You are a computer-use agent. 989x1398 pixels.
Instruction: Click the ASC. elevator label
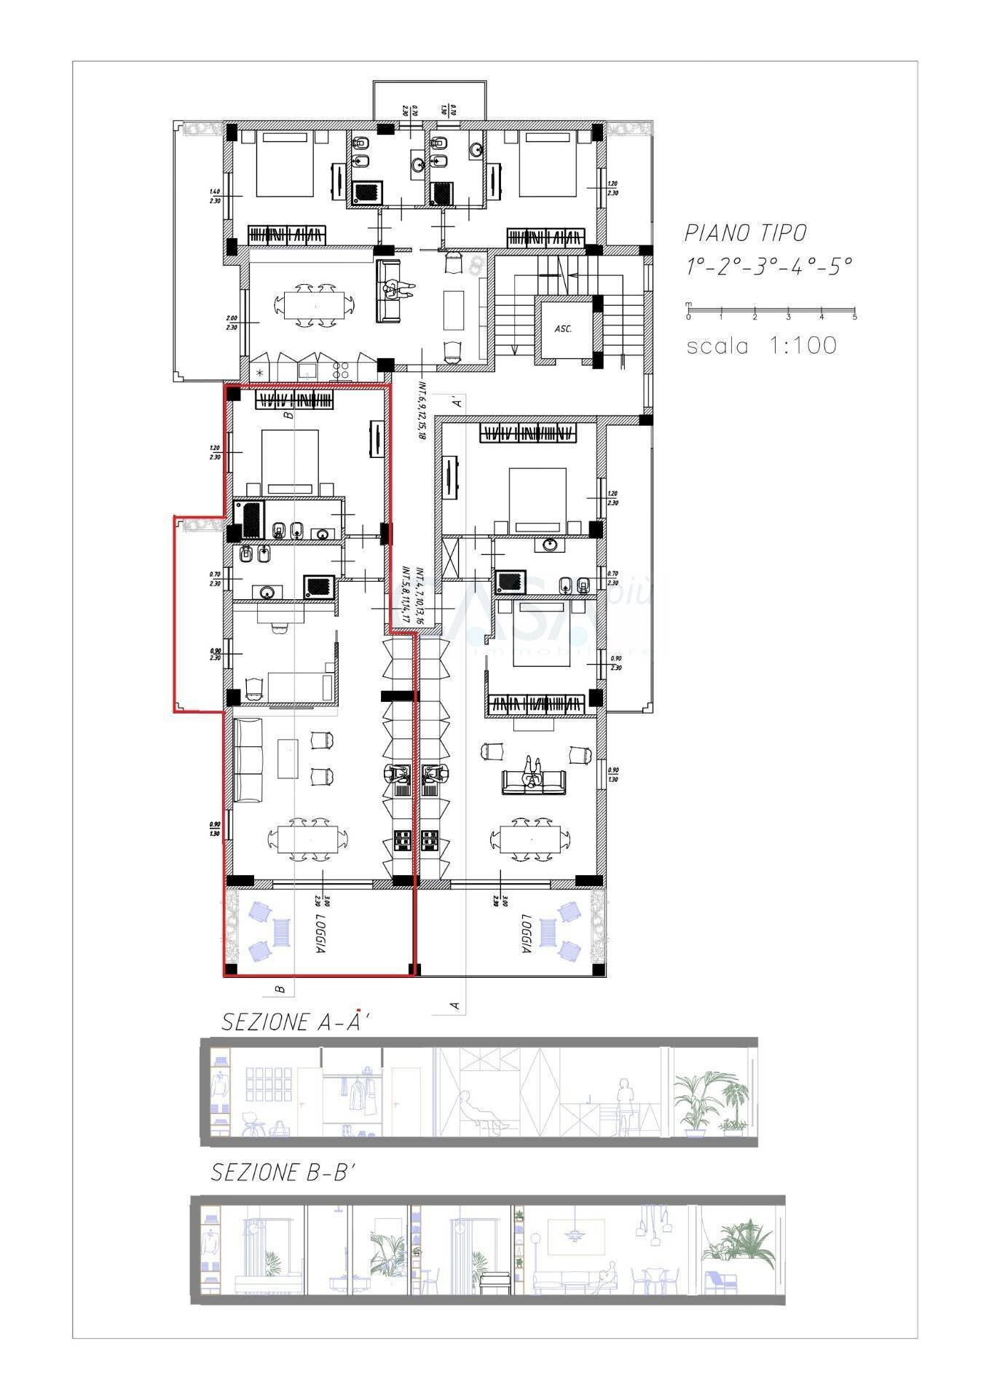pos(563,328)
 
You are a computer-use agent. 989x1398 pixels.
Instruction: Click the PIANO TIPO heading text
pos(745,234)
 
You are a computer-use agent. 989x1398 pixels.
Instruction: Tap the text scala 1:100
pos(762,345)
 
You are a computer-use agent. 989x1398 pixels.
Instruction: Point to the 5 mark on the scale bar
pos(854,317)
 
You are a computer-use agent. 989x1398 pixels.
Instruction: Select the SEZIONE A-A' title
pos(296,1022)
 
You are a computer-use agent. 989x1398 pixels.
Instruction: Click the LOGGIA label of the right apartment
pos(524,934)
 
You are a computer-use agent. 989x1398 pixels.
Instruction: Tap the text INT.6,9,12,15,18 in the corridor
pos(421,412)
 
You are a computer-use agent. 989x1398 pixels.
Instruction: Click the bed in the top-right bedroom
pos(548,165)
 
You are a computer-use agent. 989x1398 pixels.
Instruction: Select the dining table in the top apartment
pos(315,308)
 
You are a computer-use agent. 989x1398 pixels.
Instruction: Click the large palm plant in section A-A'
pos(693,1102)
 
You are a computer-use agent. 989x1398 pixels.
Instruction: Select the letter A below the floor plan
pos(456,1006)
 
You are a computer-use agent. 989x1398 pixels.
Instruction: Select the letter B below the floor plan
pos(279,990)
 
